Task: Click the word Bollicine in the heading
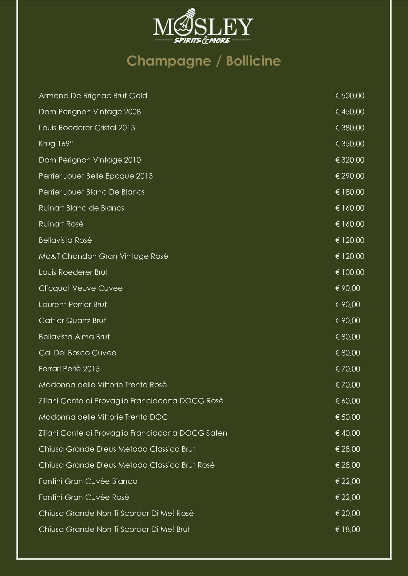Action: point(253,61)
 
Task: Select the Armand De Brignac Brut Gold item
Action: point(93,96)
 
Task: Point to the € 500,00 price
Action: point(350,96)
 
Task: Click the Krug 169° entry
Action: point(56,144)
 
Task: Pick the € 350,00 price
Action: point(350,144)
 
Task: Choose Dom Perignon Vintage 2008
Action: point(90,112)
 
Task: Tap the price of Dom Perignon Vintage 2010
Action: point(350,160)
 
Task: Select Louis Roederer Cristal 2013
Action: point(87,128)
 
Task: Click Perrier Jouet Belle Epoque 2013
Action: point(96,176)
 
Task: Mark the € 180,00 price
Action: point(350,192)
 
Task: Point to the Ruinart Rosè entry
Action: point(61,224)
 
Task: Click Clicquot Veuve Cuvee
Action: point(81,289)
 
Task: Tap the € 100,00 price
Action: point(350,272)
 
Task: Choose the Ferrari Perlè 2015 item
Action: point(69,369)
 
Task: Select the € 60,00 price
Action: point(348,401)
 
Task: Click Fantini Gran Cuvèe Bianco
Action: point(88,481)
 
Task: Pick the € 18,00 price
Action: point(348,529)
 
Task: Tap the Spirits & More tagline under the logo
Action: point(202,41)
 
